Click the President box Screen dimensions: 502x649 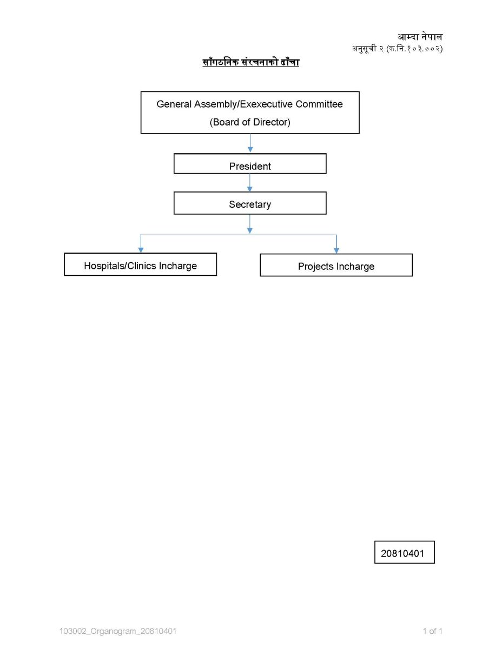coord(250,163)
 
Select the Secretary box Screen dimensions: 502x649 coord(250,203)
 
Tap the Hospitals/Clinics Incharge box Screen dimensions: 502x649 coord(140,264)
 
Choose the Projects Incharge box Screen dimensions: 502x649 coord(336,265)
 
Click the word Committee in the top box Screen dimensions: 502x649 coord(319,104)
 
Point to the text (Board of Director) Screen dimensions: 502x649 coord(250,122)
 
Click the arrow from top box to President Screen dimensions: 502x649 coord(250,143)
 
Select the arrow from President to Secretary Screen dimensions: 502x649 coord(250,182)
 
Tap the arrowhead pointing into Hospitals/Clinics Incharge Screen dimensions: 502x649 coord(141,250)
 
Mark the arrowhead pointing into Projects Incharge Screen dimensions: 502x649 coord(336,250)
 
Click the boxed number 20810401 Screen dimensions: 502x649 coord(404,553)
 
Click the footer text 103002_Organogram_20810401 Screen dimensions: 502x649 coord(118,631)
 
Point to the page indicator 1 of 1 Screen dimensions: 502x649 coord(432,631)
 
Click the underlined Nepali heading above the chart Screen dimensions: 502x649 coord(250,62)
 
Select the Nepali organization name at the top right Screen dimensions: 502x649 coord(420,37)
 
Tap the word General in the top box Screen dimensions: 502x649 coord(174,104)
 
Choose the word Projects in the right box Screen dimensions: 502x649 coord(316,267)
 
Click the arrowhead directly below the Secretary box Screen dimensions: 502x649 coord(250,230)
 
